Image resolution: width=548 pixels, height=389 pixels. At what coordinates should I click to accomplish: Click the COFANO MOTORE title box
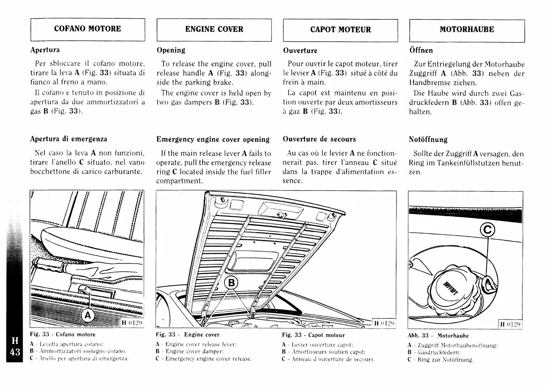tap(88, 29)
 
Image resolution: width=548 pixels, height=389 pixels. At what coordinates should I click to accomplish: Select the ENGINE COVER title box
tap(214, 30)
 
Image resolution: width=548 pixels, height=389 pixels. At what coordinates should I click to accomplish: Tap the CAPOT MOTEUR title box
tap(340, 30)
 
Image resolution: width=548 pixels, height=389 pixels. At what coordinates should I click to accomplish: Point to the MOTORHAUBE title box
tap(467, 30)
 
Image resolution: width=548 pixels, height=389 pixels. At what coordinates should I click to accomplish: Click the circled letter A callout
tap(88, 316)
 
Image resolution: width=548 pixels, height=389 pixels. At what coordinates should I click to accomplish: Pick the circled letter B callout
tap(231, 283)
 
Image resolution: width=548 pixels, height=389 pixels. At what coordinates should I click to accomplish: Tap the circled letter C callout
tap(488, 230)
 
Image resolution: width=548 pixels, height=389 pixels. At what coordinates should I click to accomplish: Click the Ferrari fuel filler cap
tap(451, 287)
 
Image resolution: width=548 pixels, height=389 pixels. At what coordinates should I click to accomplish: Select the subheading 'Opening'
tap(171, 50)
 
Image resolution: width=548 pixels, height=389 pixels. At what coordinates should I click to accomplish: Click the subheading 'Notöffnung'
tap(428, 140)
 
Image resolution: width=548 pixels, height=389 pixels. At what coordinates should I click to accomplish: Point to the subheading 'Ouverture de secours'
tap(319, 139)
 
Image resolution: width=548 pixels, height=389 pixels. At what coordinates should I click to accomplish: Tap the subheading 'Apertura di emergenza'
tap(69, 139)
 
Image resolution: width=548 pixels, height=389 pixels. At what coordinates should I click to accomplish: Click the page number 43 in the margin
tap(15, 352)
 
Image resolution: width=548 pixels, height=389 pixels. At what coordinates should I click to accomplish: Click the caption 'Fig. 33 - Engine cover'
tap(188, 335)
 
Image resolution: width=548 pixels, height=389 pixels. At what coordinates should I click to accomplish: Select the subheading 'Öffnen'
tap(421, 50)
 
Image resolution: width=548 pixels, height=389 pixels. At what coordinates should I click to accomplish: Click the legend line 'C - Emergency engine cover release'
tap(204, 359)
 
